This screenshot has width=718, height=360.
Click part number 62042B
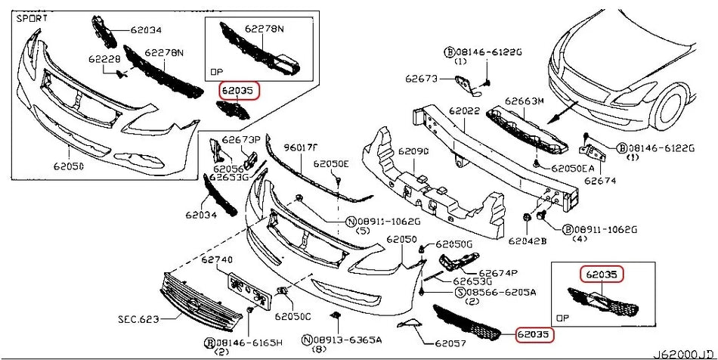[x=526, y=241]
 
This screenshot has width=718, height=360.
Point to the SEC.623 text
[x=138, y=319]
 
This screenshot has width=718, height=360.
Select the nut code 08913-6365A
[x=348, y=340]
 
